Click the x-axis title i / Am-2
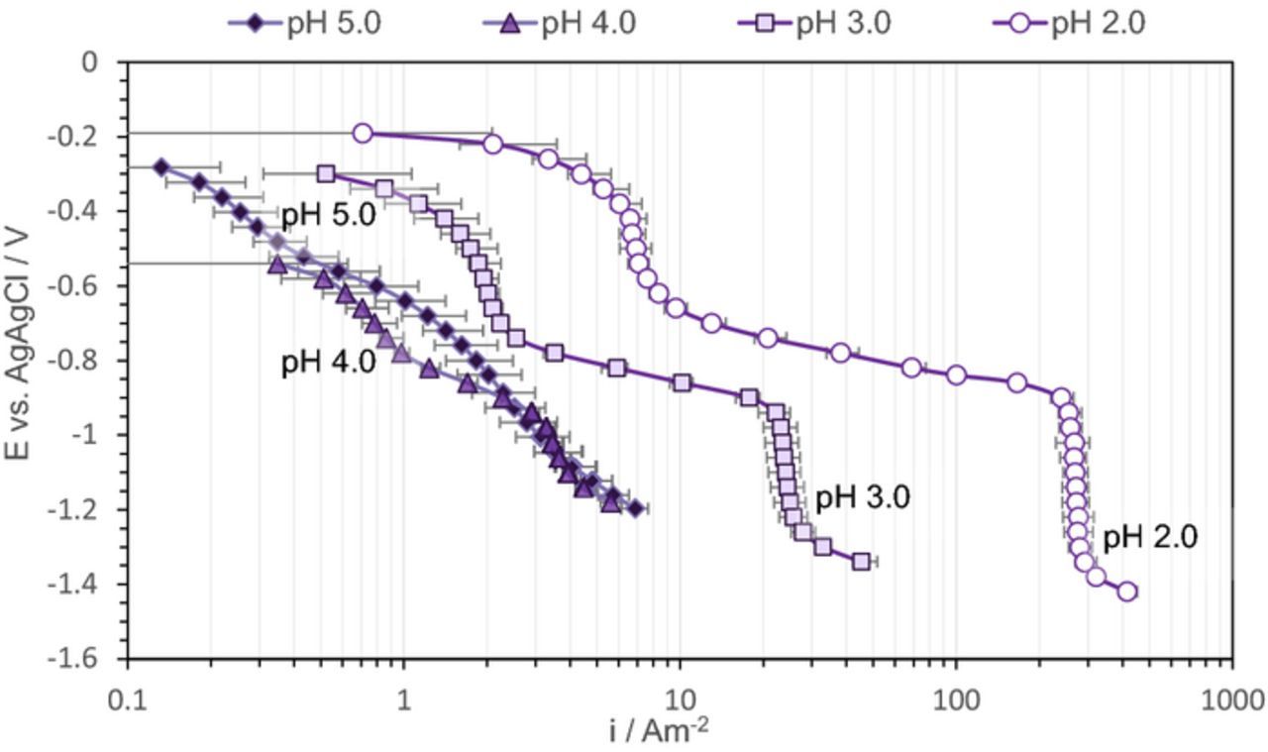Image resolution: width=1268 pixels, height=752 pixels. click(x=659, y=731)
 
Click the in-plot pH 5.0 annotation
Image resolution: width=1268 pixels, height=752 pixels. click(x=328, y=215)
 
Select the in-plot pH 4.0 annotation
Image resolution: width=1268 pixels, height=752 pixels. click(x=328, y=362)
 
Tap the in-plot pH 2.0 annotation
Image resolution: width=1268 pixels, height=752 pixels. click(x=1150, y=537)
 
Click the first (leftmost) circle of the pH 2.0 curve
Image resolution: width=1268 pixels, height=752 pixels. click(x=363, y=134)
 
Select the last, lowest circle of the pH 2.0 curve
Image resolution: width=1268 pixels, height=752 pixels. click(x=1126, y=591)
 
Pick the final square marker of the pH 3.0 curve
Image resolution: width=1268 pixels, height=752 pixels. click(x=861, y=562)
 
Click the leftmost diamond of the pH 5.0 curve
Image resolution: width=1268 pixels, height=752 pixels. click(x=161, y=167)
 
